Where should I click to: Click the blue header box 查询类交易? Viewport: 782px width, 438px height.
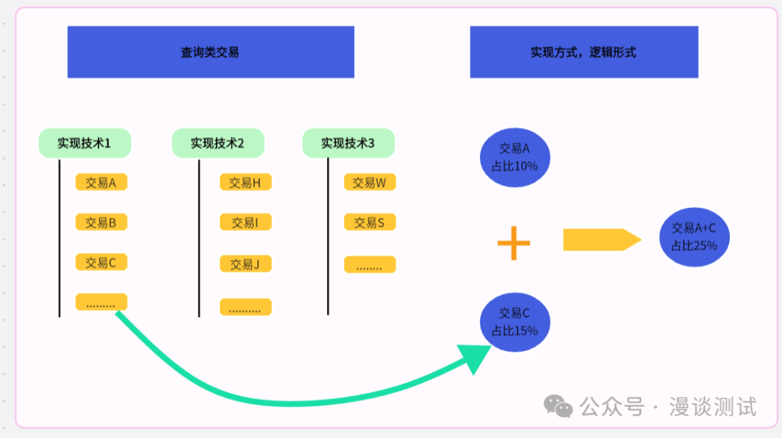click(x=210, y=52)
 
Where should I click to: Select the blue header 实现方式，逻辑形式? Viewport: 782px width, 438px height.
click(x=584, y=52)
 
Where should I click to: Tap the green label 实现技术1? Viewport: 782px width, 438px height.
click(x=85, y=144)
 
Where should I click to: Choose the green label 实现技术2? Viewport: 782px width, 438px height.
click(x=217, y=144)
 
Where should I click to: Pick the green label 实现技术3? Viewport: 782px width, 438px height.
click(x=348, y=144)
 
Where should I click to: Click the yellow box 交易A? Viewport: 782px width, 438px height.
click(x=101, y=183)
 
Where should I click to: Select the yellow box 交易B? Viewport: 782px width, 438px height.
click(x=101, y=222)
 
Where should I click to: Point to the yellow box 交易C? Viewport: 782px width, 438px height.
click(x=101, y=262)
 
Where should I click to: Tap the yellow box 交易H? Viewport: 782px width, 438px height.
click(x=245, y=183)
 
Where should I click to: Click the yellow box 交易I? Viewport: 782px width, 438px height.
click(x=245, y=223)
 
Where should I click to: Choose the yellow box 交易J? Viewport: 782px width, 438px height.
click(x=245, y=264)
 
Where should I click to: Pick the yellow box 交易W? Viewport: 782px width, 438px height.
click(x=369, y=183)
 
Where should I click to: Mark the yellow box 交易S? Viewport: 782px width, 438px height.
click(x=369, y=223)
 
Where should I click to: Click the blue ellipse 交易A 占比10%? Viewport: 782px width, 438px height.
click(x=515, y=157)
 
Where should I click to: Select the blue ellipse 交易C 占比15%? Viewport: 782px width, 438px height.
click(x=515, y=321)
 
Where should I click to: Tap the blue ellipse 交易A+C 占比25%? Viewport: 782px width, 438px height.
click(x=694, y=236)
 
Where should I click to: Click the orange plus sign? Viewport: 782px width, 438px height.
click(x=514, y=243)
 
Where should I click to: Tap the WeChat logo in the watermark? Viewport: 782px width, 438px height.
click(x=558, y=407)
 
